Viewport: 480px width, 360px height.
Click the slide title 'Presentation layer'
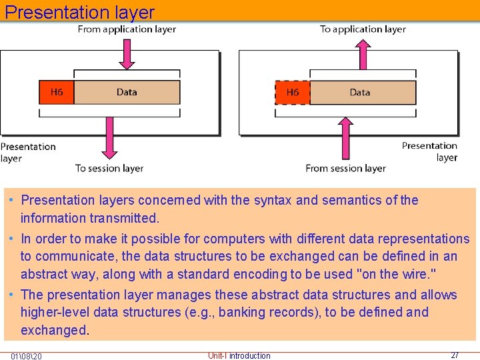[79, 12]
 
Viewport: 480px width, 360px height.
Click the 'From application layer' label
[127, 29]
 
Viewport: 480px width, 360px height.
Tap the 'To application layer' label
[363, 29]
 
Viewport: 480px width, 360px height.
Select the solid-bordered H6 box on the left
[57, 92]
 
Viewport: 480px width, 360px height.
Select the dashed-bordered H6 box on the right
[292, 92]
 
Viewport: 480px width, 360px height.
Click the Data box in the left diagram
[127, 92]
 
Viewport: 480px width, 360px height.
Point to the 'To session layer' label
[109, 168]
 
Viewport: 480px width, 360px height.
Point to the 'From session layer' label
[345, 168]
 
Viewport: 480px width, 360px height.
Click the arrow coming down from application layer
[127, 55]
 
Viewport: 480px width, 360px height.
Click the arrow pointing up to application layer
[363, 55]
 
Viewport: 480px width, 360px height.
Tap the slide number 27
[455, 355]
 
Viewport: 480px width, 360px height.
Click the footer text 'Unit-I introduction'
[239, 356]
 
